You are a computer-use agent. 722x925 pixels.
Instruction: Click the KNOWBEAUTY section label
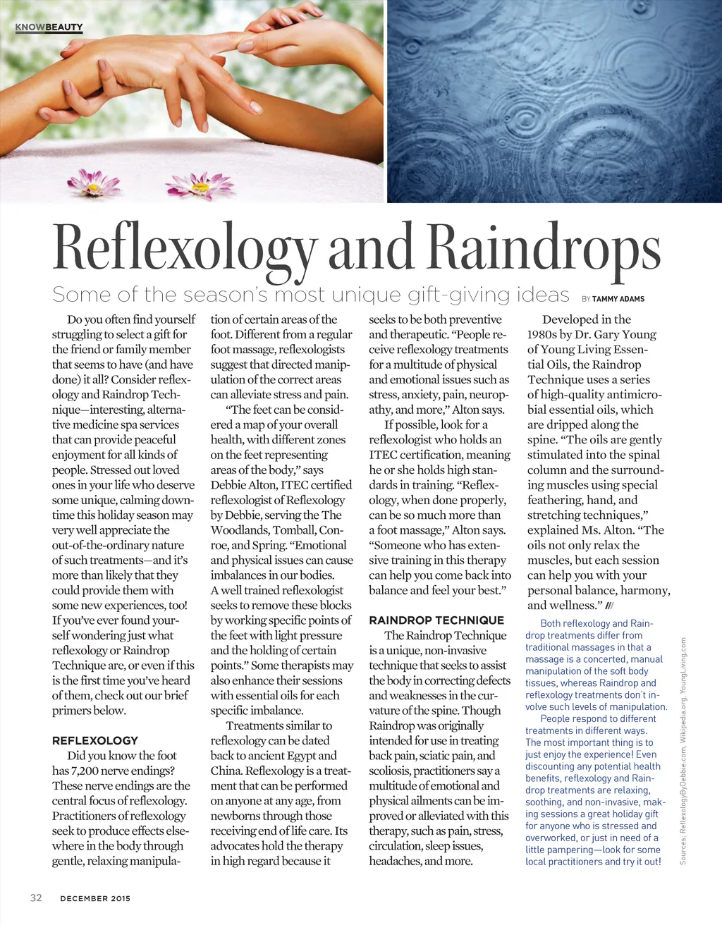[49, 27]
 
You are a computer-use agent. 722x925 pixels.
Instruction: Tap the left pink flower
[92, 182]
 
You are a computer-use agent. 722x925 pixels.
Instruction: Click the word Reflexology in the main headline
[185, 248]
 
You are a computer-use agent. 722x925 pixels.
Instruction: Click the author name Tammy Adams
[618, 299]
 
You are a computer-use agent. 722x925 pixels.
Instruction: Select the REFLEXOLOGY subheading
[95, 740]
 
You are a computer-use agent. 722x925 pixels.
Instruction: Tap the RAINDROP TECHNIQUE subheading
[436, 620]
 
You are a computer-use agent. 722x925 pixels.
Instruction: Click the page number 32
[36, 898]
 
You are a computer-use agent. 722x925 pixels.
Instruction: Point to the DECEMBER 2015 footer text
[95, 898]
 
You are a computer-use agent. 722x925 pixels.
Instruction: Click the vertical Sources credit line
[683, 751]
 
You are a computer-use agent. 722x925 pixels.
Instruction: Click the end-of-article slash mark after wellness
[610, 606]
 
